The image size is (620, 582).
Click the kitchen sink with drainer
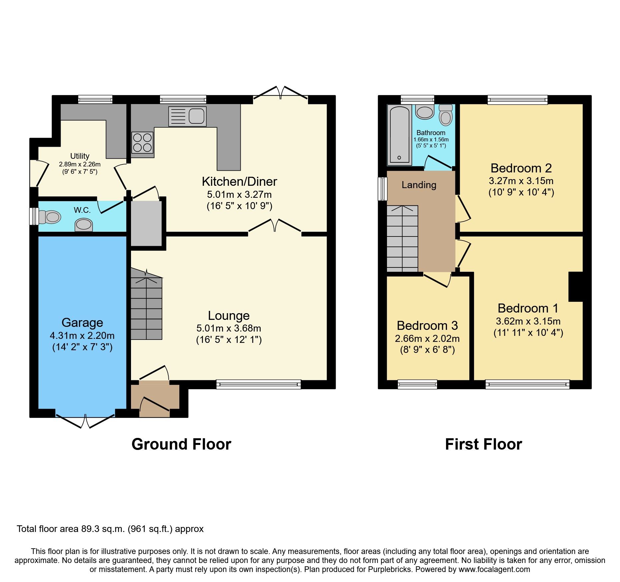pos(187,116)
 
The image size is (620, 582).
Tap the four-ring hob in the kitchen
pos(142,143)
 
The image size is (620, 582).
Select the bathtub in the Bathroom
pos(399,135)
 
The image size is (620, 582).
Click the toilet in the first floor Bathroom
pos(446,115)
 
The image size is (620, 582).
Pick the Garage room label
pos(82,323)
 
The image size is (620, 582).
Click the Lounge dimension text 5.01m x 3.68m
pos(229,328)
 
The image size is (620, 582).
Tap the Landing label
pos(419,185)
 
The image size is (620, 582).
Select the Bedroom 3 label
pos(427,325)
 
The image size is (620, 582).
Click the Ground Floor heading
pos(181,444)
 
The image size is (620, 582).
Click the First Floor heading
pos(483,444)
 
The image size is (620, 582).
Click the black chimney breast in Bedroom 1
pos(576,287)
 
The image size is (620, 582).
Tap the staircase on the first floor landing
pos(402,238)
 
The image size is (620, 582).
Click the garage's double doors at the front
pos(85,421)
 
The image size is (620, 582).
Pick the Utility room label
pos(80,156)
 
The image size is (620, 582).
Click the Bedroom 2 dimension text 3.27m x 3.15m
pos(521,181)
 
